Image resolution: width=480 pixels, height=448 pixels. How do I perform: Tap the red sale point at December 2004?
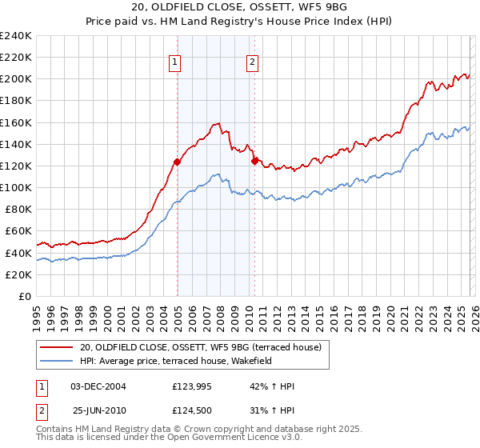177,162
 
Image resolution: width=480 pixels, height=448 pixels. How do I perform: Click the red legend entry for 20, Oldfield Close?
200,347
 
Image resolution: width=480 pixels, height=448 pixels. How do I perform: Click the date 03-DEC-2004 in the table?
98,386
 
